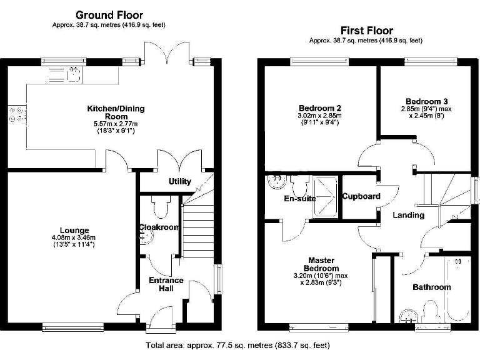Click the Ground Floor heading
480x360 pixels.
[x=109, y=14]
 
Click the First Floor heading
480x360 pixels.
[x=366, y=30]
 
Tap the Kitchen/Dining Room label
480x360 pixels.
[x=115, y=112]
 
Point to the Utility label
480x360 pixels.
[x=180, y=182]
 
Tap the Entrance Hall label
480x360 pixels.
[x=166, y=285]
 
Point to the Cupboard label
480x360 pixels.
[x=361, y=196]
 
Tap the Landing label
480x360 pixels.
[x=408, y=215]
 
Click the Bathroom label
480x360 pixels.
[x=431, y=287]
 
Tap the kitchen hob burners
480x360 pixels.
[x=16, y=115]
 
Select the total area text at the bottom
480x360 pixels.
[x=238, y=345]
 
